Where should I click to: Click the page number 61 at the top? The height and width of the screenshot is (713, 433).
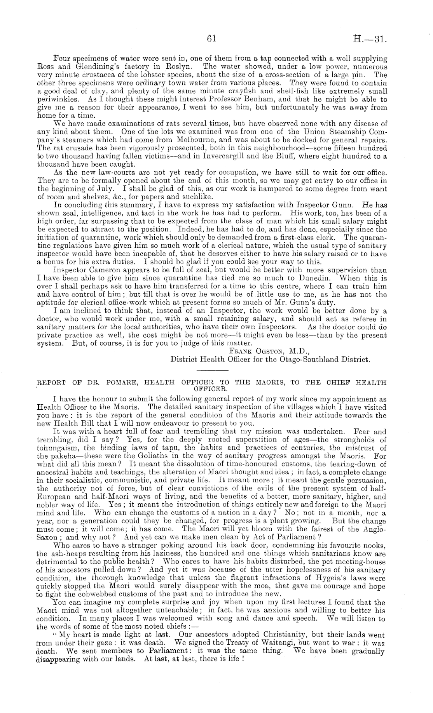(211, 38)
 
